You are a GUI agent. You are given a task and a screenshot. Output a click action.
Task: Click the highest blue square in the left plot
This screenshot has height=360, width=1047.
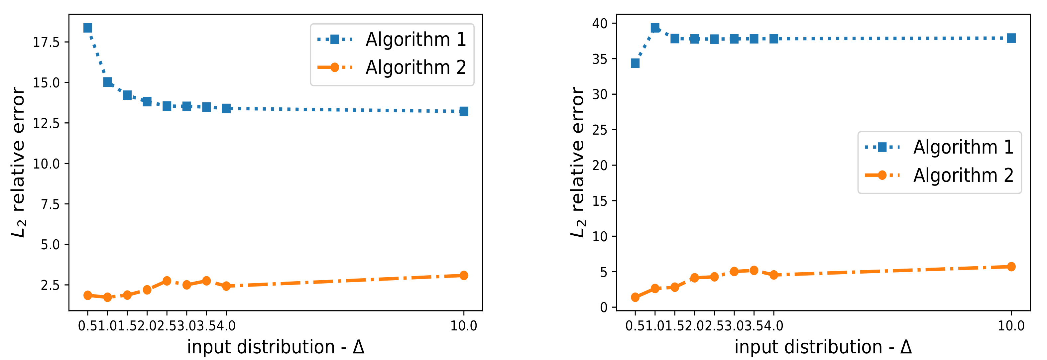click(x=87, y=28)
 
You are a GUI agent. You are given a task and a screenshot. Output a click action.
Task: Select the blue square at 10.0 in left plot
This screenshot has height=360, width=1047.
click(x=464, y=111)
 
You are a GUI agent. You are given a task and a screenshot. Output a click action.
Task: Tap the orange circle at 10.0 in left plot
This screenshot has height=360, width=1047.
click(x=464, y=276)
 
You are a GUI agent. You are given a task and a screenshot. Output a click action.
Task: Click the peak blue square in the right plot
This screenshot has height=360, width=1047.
click(x=655, y=28)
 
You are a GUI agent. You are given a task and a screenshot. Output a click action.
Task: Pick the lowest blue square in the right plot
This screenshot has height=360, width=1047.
click(x=635, y=63)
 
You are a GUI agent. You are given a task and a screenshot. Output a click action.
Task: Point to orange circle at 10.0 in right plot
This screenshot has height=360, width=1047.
click(x=1011, y=267)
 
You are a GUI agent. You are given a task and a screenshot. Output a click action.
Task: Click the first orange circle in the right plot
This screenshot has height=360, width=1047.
click(x=635, y=298)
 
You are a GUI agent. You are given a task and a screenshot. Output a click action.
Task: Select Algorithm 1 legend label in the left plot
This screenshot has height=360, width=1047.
click(x=415, y=40)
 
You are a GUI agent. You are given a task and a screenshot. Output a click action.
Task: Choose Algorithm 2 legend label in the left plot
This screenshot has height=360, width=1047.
click(x=415, y=67)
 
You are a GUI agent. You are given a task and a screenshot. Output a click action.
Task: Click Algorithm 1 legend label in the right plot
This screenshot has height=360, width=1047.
click(x=963, y=147)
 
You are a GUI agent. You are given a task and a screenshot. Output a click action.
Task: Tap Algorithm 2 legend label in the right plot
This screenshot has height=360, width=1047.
click(x=963, y=176)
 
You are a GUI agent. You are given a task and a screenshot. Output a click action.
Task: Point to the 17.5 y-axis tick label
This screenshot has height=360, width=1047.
click(x=46, y=42)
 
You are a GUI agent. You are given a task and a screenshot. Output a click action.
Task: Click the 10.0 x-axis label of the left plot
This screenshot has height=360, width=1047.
click(x=464, y=326)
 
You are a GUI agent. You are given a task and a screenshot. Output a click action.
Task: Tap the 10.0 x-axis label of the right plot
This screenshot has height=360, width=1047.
click(x=1011, y=326)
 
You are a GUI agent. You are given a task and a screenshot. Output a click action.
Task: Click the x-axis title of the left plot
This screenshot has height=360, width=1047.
click(x=276, y=347)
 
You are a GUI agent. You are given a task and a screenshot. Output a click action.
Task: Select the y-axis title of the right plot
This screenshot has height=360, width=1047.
click(x=577, y=163)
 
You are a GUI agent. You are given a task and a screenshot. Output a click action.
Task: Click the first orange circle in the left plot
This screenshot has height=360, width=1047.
click(x=87, y=296)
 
